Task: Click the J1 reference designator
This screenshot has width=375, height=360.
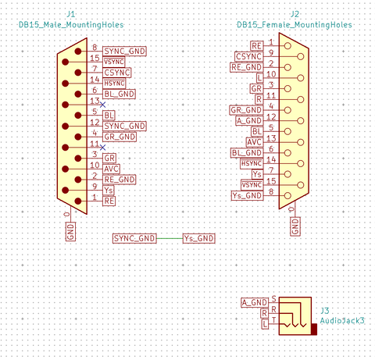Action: click(71, 14)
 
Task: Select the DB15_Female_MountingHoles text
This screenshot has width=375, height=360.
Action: click(295, 25)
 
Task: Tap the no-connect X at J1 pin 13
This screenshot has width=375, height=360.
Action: click(103, 105)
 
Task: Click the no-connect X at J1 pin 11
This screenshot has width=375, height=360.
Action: click(103, 148)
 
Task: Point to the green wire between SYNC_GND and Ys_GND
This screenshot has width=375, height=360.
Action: click(170, 238)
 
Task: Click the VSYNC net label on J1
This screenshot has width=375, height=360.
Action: click(114, 62)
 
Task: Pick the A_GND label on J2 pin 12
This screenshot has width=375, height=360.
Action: click(249, 121)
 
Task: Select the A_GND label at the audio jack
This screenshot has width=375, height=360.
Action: click(255, 302)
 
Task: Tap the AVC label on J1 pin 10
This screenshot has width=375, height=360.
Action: click(111, 169)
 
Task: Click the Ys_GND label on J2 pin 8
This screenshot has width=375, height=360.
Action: click(247, 195)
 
